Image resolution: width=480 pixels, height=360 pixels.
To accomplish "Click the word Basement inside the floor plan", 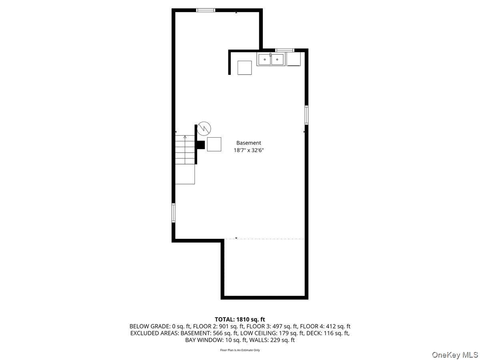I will click(248, 143).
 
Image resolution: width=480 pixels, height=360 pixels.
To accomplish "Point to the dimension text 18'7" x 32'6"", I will click(248, 150).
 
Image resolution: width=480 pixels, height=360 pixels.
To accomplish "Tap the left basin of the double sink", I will click(264, 60).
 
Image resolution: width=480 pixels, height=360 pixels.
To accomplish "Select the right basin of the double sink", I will click(278, 60).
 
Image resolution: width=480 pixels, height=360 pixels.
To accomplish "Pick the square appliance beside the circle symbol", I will click(214, 144).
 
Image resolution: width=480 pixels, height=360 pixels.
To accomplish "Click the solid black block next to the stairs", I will click(201, 145).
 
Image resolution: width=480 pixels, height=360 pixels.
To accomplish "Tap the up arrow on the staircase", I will click(185, 137).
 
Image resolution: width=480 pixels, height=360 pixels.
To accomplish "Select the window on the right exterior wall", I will click(306, 115).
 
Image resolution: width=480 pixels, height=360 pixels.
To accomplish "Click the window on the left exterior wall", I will click(174, 212).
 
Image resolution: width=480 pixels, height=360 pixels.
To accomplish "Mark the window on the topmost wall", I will click(206, 10).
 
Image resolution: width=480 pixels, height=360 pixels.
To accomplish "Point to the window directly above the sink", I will click(284, 50).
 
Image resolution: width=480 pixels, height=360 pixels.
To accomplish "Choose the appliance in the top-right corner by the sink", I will click(294, 60).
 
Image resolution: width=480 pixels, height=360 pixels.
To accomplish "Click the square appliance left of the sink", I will click(244, 68).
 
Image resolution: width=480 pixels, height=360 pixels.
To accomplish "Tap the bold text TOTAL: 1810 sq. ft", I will click(240, 319).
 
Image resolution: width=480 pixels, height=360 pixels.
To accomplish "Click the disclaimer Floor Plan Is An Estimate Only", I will click(240, 350).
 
